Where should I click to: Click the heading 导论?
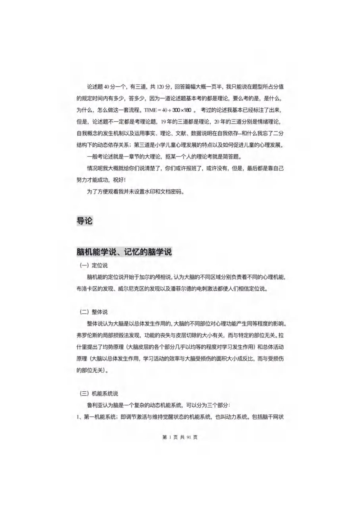[84, 221]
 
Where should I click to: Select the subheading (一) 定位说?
[94, 266]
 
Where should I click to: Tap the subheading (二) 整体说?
[94, 312]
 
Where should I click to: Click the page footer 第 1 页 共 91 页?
[180, 437]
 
